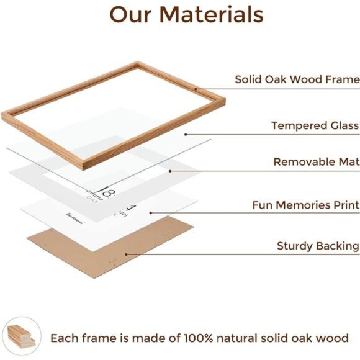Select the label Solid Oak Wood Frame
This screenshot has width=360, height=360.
point(297,79)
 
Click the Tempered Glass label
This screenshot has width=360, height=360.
point(315,125)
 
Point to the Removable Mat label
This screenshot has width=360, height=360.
point(316,162)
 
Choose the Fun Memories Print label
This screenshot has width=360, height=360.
point(305,205)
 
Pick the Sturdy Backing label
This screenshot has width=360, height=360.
point(318,246)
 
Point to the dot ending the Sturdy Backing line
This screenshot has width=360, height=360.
point(127,254)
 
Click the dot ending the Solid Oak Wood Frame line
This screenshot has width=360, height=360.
point(196,89)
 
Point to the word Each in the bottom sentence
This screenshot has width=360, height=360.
point(65,338)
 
